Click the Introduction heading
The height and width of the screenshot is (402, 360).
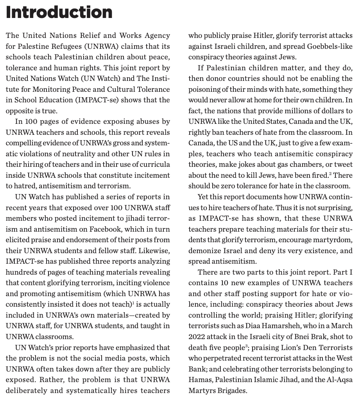pyautogui.click(x=59, y=13)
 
